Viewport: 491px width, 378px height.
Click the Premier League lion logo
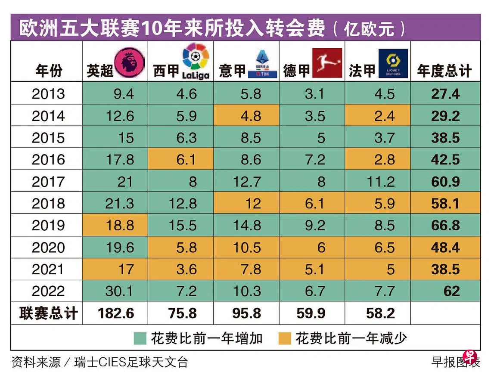coord(130,62)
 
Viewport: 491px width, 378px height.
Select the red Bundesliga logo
coord(327,63)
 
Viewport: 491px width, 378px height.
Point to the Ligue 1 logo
coord(393,63)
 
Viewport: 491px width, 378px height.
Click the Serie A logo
coord(262,64)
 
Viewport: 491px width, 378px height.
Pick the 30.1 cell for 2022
coord(120,291)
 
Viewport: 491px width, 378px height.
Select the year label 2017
coord(48,181)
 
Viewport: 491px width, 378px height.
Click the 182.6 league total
coord(115,313)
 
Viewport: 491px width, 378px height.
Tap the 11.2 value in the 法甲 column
coord(380,181)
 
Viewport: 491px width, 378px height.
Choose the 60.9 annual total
coord(445,181)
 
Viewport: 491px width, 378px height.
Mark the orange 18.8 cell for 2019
coord(120,225)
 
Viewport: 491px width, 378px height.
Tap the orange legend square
coord(284,338)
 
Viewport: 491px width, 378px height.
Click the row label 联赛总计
coord(48,313)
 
